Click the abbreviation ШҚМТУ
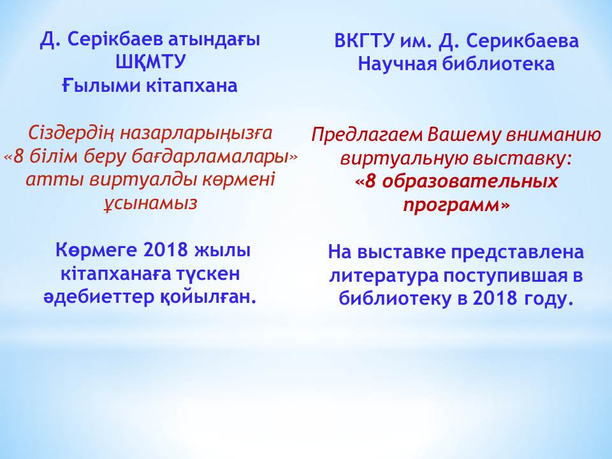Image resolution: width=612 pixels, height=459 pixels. [150, 62]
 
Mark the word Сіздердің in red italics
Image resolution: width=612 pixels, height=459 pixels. [71, 134]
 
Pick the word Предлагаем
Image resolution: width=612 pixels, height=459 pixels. [367, 136]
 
